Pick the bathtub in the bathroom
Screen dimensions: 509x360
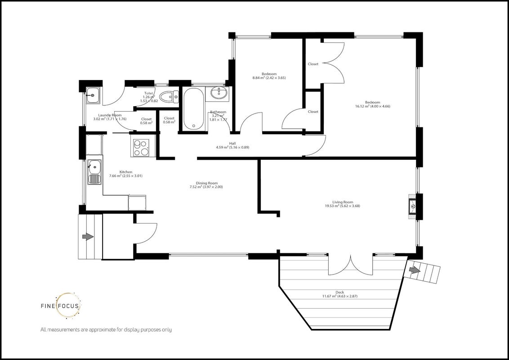tap(194, 109)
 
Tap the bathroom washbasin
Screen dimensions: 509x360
tap(219, 93)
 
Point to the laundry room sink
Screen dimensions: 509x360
tap(93, 95)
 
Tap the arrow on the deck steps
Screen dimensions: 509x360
tap(414, 270)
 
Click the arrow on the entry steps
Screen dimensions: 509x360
tap(88, 237)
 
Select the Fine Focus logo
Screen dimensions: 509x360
tap(60, 306)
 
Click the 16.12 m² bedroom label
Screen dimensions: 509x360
tap(372, 104)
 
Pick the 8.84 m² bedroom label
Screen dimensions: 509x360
tap(269, 76)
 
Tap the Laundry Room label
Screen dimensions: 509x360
tap(110, 117)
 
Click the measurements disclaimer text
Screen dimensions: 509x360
tap(106, 329)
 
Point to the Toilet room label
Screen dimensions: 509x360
tap(149, 97)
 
